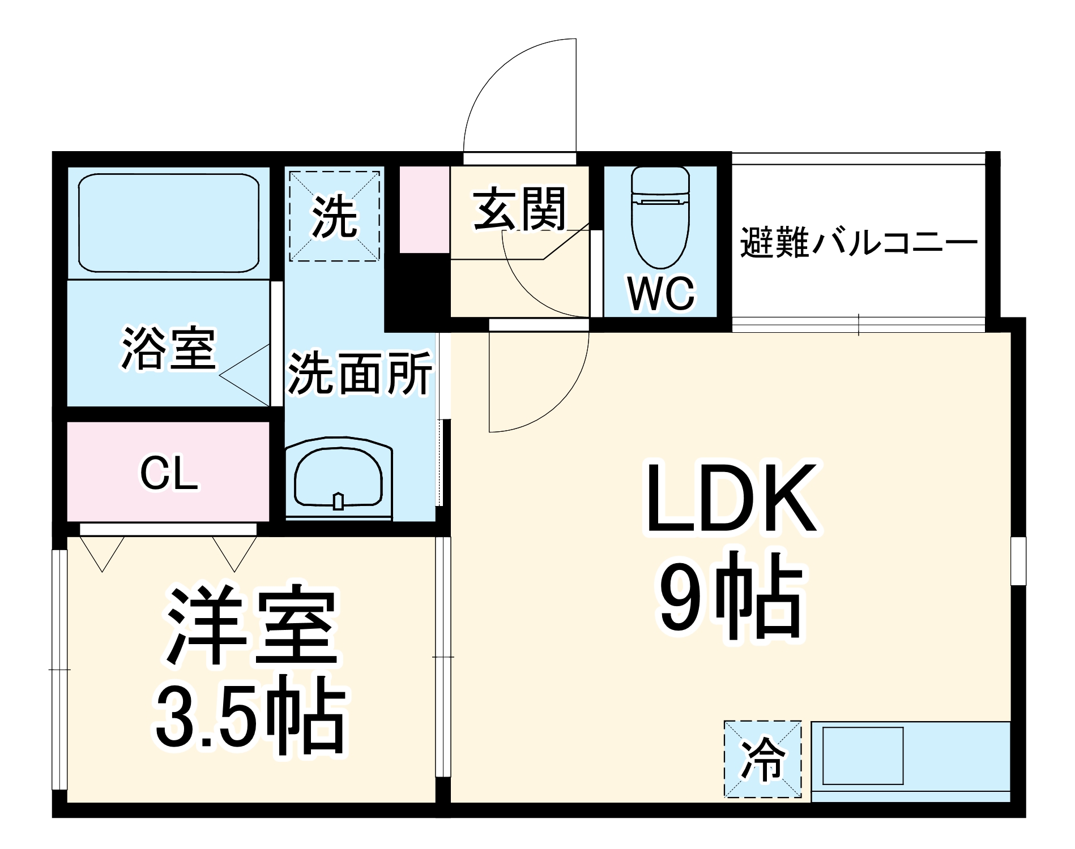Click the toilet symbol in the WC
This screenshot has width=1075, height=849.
(x=660, y=218)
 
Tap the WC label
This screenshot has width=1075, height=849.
(x=661, y=293)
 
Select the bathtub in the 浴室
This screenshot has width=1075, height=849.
(x=168, y=223)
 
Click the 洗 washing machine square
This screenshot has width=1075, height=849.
(x=334, y=216)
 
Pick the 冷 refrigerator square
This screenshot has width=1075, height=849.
(x=763, y=759)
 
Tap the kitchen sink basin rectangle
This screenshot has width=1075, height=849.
(x=862, y=756)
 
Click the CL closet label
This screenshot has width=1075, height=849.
(x=169, y=474)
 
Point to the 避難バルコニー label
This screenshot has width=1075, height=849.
(x=859, y=243)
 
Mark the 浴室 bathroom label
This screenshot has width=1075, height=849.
(x=168, y=349)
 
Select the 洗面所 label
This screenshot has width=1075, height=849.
(x=360, y=373)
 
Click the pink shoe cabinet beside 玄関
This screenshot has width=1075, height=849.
(x=425, y=209)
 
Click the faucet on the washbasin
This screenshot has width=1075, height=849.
(x=338, y=501)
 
